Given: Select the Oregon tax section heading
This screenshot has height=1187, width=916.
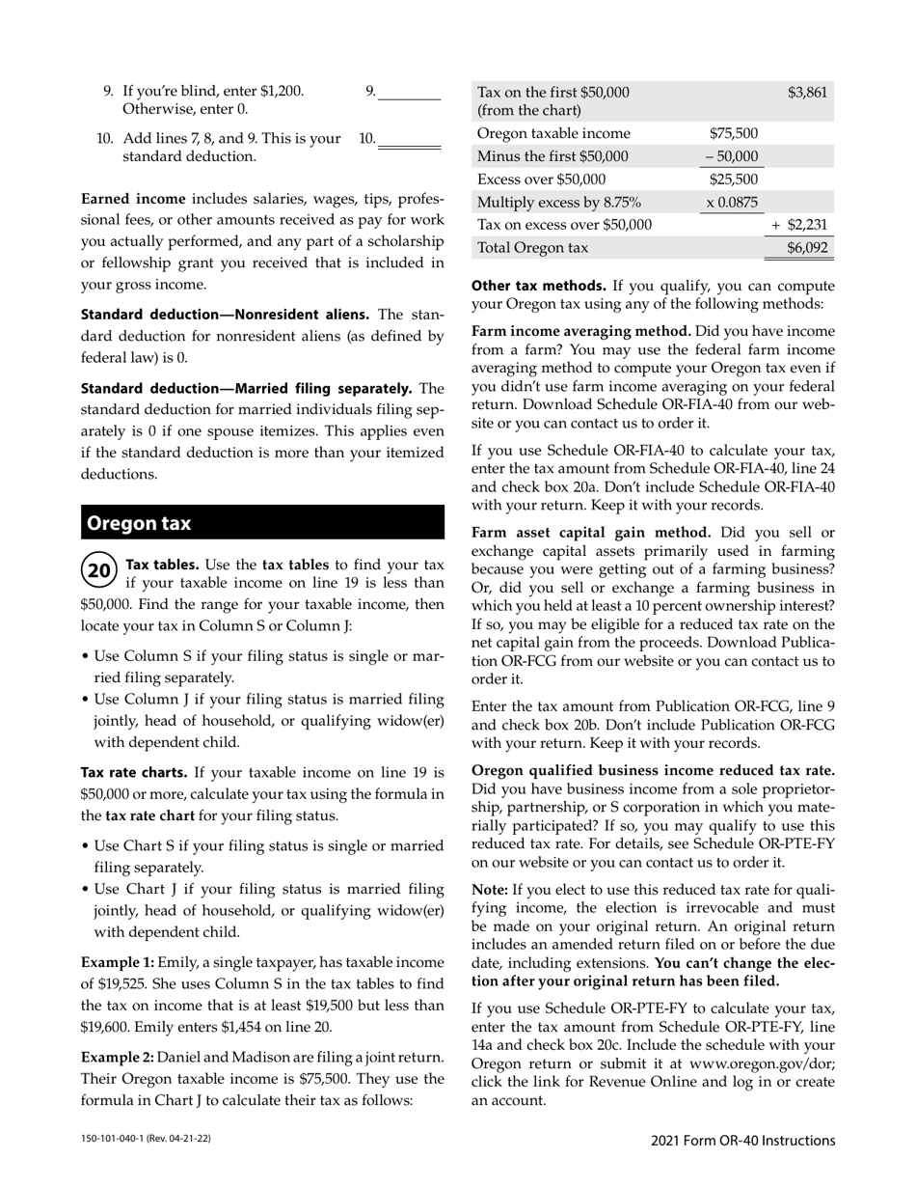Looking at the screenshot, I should tap(139, 523).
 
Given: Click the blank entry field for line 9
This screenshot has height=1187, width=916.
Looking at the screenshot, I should tap(409, 92).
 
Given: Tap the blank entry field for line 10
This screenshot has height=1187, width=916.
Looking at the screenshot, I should tap(409, 139).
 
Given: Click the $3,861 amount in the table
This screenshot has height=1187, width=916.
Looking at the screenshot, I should tap(807, 93).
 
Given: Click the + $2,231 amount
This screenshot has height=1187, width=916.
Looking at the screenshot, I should tap(800, 225).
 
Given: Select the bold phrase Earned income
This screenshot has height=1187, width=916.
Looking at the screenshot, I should tap(133, 199).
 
